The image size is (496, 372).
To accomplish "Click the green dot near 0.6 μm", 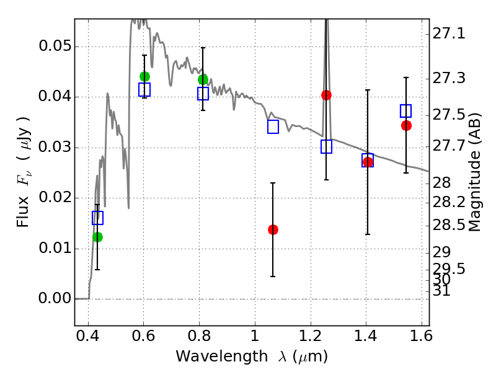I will (x=144, y=76).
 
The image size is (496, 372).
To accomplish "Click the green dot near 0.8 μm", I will (x=203, y=79).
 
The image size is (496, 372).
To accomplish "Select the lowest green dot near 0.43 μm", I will (x=97, y=237).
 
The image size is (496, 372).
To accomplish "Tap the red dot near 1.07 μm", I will (x=273, y=229).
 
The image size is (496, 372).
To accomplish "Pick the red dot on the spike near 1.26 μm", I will (x=326, y=95).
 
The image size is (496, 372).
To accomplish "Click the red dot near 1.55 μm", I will (x=406, y=125).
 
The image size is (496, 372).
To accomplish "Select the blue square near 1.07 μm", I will (x=273, y=127).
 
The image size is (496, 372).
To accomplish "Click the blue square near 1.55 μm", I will (x=406, y=111).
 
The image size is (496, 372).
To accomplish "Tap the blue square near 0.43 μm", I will (x=97, y=218).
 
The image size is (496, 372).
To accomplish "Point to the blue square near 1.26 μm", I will (x=326, y=147).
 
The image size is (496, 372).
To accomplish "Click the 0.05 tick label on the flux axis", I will (x=54, y=47).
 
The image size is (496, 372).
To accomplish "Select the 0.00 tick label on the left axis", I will (x=54, y=299).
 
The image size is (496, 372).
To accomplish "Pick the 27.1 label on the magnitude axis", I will (x=450, y=33).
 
